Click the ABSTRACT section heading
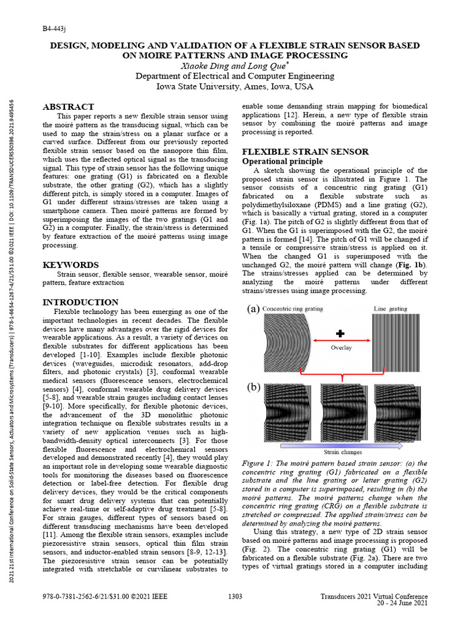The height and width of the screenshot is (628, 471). [68, 107]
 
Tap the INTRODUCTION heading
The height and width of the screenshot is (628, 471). [80, 302]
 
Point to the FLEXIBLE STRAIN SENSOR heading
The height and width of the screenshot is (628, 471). [305, 151]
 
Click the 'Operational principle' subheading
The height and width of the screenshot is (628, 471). [283, 161]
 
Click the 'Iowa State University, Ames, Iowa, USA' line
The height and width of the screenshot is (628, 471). [235, 86]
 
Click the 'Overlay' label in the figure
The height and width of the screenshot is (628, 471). [342, 347]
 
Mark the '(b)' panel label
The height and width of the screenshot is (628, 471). [253, 388]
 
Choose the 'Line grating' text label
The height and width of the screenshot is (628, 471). [389, 308]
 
